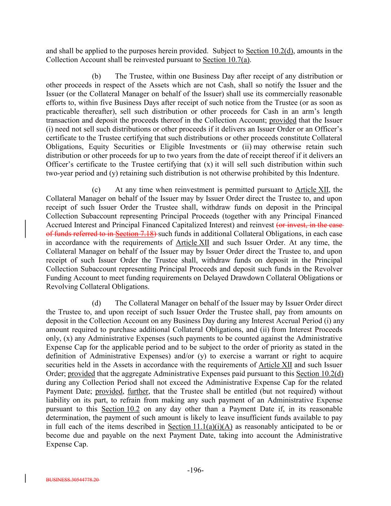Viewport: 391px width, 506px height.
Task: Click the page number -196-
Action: [195, 470]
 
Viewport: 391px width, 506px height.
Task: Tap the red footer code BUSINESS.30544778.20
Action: [73, 479]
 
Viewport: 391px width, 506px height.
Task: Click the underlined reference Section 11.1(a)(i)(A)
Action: [200, 427]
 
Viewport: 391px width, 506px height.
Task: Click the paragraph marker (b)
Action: [96, 76]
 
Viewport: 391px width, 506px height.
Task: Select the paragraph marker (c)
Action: [96, 190]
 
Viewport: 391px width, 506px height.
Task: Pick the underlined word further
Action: [137, 391]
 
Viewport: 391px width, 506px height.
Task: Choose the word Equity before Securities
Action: [99, 147]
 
